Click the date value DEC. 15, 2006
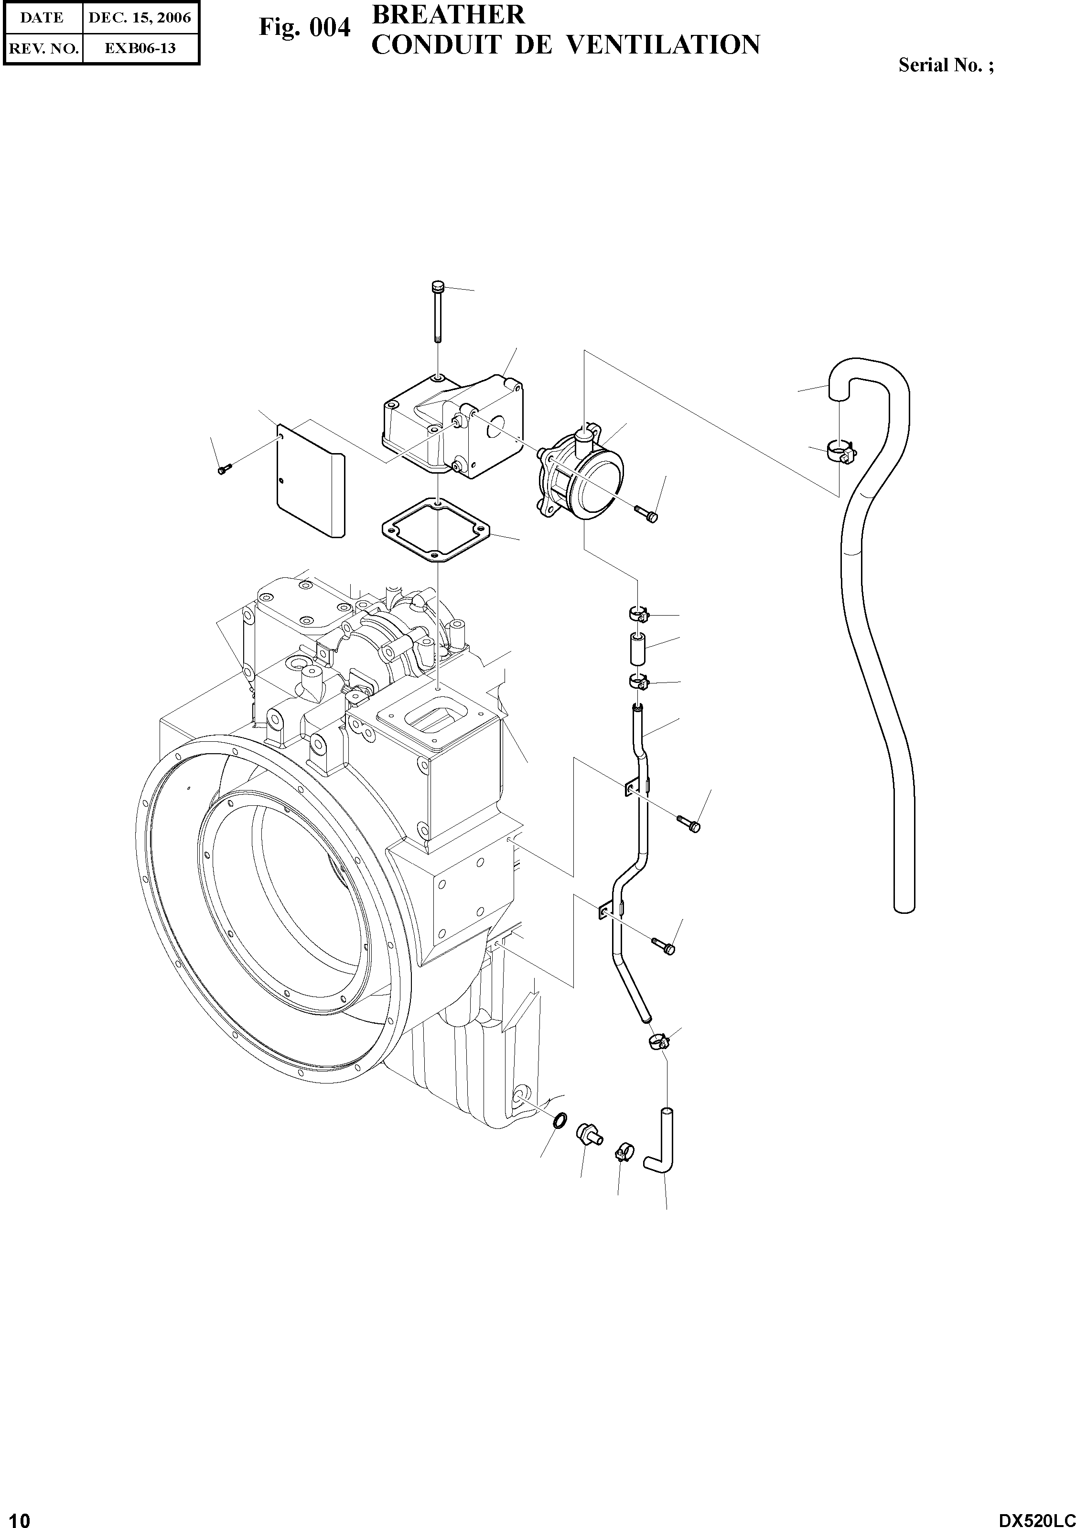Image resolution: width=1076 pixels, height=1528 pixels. pyautogui.click(x=140, y=18)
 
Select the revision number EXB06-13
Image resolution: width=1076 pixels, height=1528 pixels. pyautogui.click(x=140, y=48)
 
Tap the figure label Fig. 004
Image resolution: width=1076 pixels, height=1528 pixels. pyautogui.click(x=304, y=28)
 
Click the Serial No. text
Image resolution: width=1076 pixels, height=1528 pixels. pyautogui.click(x=946, y=65)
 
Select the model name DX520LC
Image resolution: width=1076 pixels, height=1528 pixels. pyautogui.click(x=1036, y=1517)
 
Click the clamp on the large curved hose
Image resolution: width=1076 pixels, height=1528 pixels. pyautogui.click(x=840, y=452)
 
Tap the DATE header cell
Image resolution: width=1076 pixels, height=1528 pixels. pyautogui.click(x=42, y=18)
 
